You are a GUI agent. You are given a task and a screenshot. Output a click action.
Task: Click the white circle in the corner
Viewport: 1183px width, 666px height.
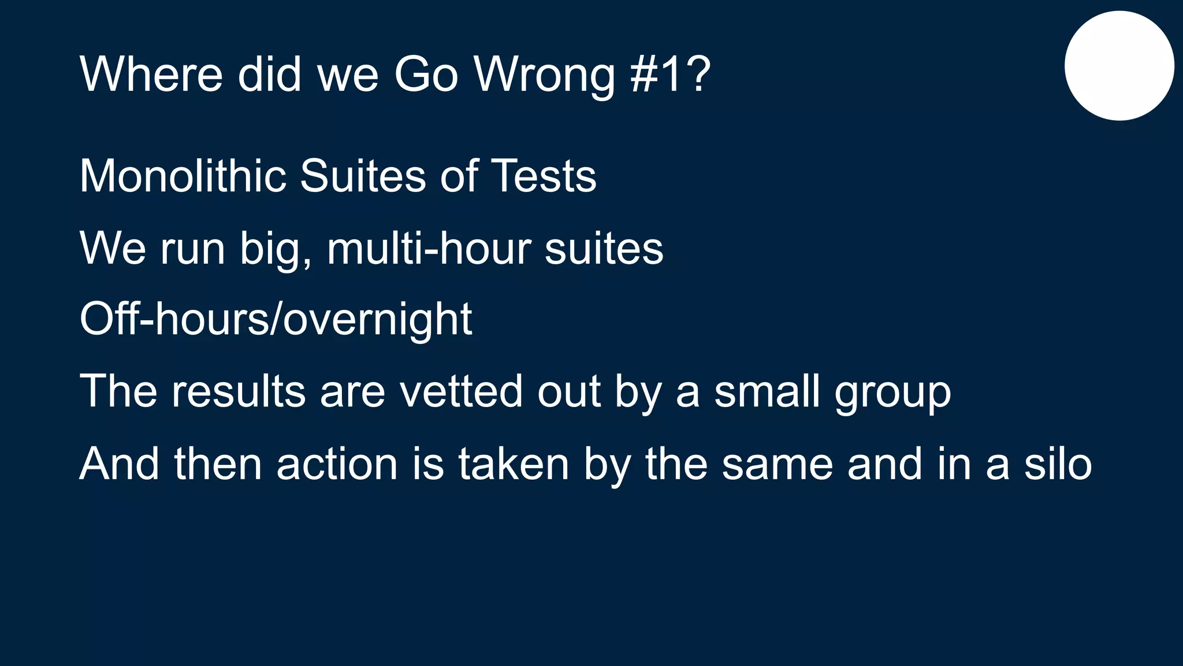[x=1119, y=66]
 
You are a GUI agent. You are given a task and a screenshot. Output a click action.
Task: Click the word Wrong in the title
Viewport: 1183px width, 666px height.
[x=545, y=75]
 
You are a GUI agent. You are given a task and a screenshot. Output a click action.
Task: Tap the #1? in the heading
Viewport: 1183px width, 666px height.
[x=670, y=75]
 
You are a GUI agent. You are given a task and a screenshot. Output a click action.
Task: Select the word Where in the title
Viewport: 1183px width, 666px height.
[x=151, y=75]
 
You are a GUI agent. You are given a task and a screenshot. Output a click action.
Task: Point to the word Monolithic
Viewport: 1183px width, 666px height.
[x=183, y=176]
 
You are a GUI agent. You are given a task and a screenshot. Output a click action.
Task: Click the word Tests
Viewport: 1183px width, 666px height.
[x=543, y=176]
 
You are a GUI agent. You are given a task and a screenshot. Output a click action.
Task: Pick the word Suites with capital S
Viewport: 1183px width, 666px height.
[x=363, y=176]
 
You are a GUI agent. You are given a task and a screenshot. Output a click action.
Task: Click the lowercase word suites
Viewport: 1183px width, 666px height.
[x=604, y=249]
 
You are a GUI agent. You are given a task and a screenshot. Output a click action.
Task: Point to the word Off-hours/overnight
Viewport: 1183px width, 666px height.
[x=276, y=319]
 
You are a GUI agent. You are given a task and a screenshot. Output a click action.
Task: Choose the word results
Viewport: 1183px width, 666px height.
[x=239, y=391]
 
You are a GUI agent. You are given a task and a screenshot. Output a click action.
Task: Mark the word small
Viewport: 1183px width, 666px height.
[x=767, y=391]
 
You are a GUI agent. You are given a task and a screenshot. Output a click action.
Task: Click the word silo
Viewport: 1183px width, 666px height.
[x=1058, y=464]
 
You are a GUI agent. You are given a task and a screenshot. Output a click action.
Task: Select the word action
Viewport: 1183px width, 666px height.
[x=337, y=464]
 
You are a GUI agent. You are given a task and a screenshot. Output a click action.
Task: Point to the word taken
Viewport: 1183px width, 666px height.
[x=514, y=464]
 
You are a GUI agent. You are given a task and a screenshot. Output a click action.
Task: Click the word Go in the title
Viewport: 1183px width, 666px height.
[x=426, y=75]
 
